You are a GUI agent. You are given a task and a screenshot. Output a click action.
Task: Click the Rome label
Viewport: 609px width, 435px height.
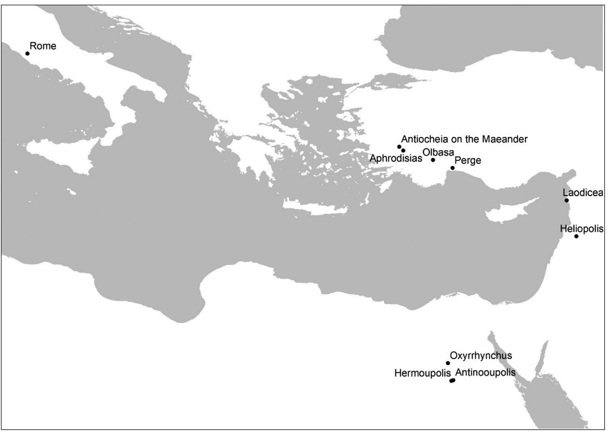click(x=43, y=46)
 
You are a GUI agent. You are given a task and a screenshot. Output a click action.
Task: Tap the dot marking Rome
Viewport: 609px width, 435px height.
click(x=27, y=54)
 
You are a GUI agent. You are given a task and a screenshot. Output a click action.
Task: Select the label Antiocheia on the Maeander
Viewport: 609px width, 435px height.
click(x=464, y=139)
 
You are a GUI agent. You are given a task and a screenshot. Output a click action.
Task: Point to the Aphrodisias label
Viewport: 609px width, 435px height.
click(x=396, y=158)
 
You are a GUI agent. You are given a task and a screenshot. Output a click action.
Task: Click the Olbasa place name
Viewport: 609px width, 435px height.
click(x=438, y=152)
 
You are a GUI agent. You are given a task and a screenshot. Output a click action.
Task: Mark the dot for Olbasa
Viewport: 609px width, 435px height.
click(x=433, y=160)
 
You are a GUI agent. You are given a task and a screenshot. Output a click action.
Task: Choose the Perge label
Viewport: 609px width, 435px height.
click(x=468, y=161)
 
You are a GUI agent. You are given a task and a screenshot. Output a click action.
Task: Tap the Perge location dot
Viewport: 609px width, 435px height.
click(x=452, y=168)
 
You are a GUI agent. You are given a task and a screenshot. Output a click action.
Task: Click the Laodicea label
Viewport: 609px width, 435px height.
click(x=583, y=193)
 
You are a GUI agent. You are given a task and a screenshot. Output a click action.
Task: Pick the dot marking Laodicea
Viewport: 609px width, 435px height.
click(x=566, y=200)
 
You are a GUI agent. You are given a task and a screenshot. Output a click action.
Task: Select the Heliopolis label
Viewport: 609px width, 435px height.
click(x=582, y=229)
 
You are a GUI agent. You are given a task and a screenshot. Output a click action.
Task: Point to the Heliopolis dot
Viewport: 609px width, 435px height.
click(x=576, y=236)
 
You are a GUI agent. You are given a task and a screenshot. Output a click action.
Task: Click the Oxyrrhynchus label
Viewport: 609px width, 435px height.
click(x=481, y=356)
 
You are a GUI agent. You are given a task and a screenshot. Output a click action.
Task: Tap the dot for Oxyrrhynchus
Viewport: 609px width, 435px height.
click(x=448, y=363)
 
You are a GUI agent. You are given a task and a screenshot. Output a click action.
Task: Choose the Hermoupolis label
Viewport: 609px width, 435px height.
click(x=423, y=373)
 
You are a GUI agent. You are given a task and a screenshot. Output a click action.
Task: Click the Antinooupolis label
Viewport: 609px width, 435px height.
click(x=485, y=373)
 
